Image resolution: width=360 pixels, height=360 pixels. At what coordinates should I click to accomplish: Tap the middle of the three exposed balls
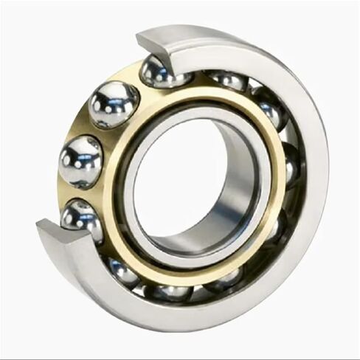click(x=80, y=160)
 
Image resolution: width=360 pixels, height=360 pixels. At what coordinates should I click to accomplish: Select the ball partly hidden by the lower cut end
click(x=81, y=218)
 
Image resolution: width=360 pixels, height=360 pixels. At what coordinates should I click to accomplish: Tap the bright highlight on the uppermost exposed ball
click(x=111, y=97)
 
